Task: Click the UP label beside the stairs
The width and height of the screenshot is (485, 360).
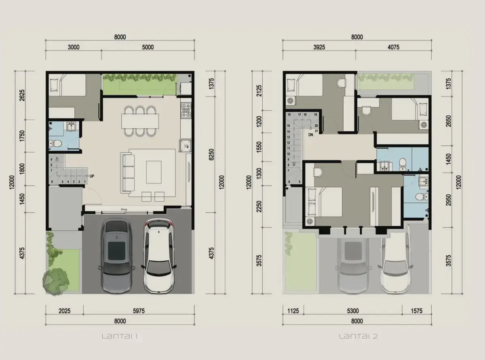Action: [92, 176]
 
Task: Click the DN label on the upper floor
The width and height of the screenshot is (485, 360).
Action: [311, 135]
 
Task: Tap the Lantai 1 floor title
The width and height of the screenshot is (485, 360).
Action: [120, 336]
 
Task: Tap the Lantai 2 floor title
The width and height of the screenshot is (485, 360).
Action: [358, 336]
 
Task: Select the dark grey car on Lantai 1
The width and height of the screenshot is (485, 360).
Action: [116, 256]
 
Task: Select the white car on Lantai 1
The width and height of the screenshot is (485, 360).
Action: [159, 256]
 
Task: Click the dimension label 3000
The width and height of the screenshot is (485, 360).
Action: [74, 47]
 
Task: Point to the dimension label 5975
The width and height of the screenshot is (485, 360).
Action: [139, 311]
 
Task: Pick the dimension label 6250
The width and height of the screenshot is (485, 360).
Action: [211, 154]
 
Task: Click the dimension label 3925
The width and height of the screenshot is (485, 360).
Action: [319, 47]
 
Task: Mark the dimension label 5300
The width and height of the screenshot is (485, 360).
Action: [353, 311]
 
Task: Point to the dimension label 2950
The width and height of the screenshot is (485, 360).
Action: [449, 200]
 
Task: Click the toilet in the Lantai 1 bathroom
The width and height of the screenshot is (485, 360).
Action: [56, 143]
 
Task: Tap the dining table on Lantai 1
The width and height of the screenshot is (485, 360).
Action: [140, 121]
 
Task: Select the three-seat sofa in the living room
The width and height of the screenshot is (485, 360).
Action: [127, 173]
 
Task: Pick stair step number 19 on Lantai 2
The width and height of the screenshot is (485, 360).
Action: [316, 114]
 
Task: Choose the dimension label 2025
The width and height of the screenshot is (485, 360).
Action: [65, 311]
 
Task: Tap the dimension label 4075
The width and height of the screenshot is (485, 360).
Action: [394, 47]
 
